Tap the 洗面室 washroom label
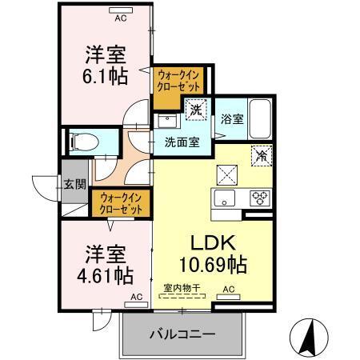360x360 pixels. point(182,144)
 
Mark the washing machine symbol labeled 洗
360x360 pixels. point(195,108)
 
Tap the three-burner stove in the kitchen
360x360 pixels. point(261,198)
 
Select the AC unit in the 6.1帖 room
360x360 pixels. point(122,17)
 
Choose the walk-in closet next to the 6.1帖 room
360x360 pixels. point(179,81)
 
